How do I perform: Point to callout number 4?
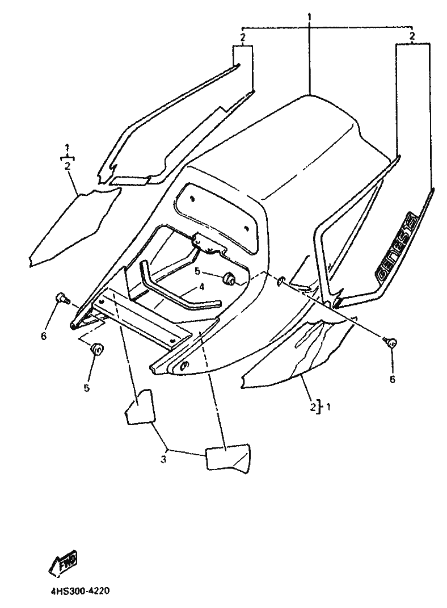(201, 287)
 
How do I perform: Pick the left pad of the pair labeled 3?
(140, 406)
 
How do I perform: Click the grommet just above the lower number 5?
(97, 349)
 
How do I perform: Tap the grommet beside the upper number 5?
(231, 279)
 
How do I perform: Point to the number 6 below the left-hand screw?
(44, 337)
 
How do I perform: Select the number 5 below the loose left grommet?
(86, 388)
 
